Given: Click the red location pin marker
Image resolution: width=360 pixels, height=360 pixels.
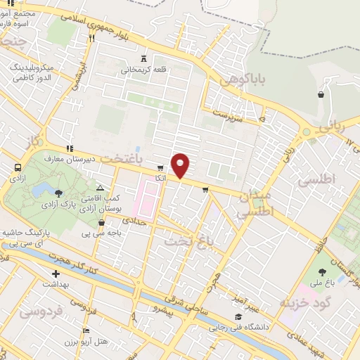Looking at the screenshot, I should [181, 165].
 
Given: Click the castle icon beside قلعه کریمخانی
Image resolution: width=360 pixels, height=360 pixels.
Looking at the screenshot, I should [144, 58].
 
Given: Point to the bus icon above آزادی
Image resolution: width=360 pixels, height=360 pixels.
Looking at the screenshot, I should [18, 168].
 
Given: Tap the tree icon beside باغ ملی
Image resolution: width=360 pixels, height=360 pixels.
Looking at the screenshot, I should [323, 272].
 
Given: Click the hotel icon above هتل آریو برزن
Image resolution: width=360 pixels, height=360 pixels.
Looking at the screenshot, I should [86, 330].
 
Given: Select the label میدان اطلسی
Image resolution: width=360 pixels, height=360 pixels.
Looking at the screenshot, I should [248, 203].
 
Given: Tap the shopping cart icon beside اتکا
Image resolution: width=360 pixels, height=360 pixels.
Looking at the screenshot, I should [161, 168].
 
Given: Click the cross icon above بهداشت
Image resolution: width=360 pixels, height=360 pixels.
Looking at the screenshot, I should [56, 274].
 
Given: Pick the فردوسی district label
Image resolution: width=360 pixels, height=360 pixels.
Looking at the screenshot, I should [39, 309].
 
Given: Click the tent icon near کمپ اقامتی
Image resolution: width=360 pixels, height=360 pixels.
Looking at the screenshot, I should [101, 188].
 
